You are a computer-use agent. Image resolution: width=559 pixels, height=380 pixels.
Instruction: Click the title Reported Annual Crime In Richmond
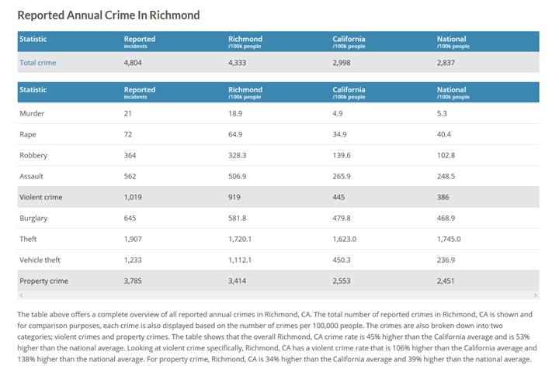point(108,15)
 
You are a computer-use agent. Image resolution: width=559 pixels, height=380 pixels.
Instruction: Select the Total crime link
point(38,62)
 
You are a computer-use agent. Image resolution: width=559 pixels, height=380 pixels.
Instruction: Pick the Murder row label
point(32,113)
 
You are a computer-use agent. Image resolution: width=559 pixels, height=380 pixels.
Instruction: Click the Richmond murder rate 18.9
point(235,113)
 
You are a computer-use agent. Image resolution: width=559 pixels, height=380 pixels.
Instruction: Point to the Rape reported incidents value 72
point(129,134)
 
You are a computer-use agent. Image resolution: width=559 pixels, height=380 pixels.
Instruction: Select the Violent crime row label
point(41,197)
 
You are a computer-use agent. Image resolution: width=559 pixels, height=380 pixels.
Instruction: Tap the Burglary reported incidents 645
point(131,218)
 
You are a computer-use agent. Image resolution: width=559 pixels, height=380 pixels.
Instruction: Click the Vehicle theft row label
point(40,260)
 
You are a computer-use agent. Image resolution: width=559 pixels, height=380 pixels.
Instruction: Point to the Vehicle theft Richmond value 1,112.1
point(241,260)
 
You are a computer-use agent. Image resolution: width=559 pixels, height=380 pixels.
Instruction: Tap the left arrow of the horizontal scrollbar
point(21,295)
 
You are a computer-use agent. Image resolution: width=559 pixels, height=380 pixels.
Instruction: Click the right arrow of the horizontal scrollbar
point(536,295)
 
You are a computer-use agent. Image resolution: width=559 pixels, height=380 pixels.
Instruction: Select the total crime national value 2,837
point(446,62)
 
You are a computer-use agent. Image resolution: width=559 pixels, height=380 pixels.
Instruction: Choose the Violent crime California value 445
point(339,197)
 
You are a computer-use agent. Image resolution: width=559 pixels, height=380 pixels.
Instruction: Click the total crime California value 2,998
point(342,62)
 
